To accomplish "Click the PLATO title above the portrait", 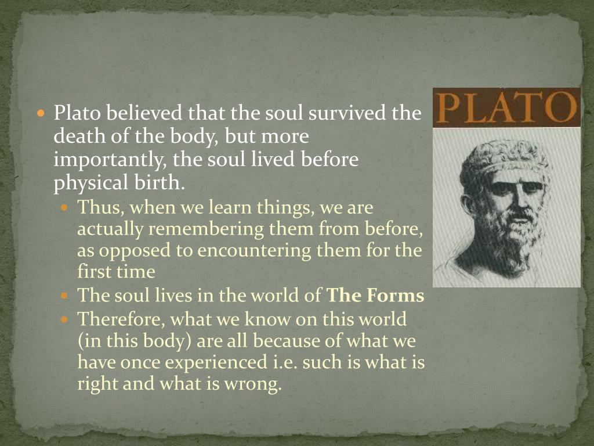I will (x=506, y=107).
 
